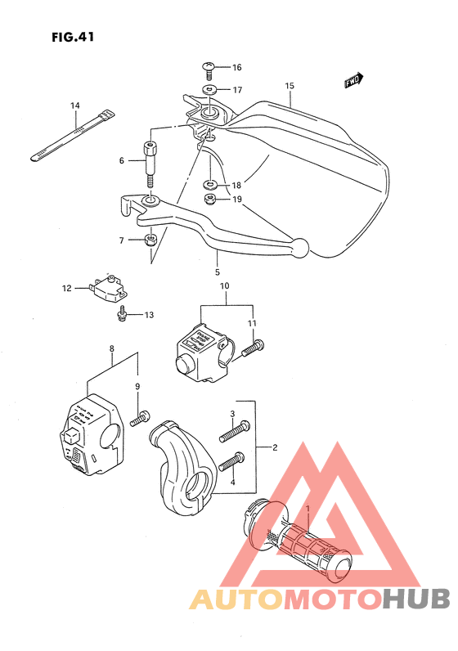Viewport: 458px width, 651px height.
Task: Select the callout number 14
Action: coord(74,106)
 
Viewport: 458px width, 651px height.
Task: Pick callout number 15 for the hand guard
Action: coord(290,86)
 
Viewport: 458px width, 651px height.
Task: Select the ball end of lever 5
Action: coord(300,245)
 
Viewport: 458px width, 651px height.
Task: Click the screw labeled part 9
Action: coord(141,417)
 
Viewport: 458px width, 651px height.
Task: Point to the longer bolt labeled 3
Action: coord(233,429)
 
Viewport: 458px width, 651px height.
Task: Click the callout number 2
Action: coord(275,447)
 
